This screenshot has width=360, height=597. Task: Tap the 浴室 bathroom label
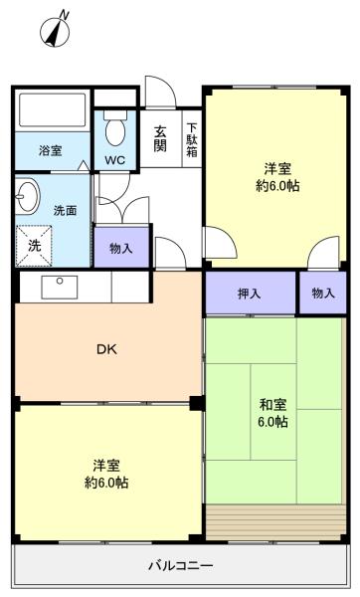click(x=50, y=150)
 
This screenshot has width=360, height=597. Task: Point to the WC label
click(x=114, y=160)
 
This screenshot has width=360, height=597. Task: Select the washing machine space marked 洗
click(x=34, y=245)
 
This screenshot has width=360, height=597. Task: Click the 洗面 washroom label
click(x=64, y=211)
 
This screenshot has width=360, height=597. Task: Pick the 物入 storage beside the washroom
click(x=120, y=248)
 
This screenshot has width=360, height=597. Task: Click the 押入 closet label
click(x=250, y=294)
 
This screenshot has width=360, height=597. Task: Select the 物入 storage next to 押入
click(x=322, y=294)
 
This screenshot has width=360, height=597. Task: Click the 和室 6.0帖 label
click(x=273, y=413)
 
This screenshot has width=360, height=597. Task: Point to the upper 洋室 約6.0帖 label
click(x=277, y=176)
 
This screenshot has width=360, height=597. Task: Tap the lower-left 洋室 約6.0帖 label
click(x=106, y=474)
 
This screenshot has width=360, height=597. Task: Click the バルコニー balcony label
click(x=180, y=566)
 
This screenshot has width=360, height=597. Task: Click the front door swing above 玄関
click(x=160, y=95)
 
